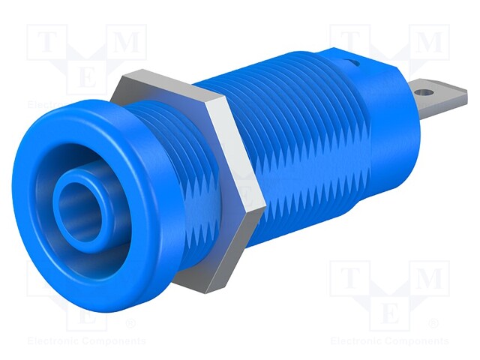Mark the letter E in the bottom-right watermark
[390, 314]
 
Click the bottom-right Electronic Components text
[391, 341]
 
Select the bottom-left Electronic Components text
[85, 341]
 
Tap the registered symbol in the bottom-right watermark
[433, 324]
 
